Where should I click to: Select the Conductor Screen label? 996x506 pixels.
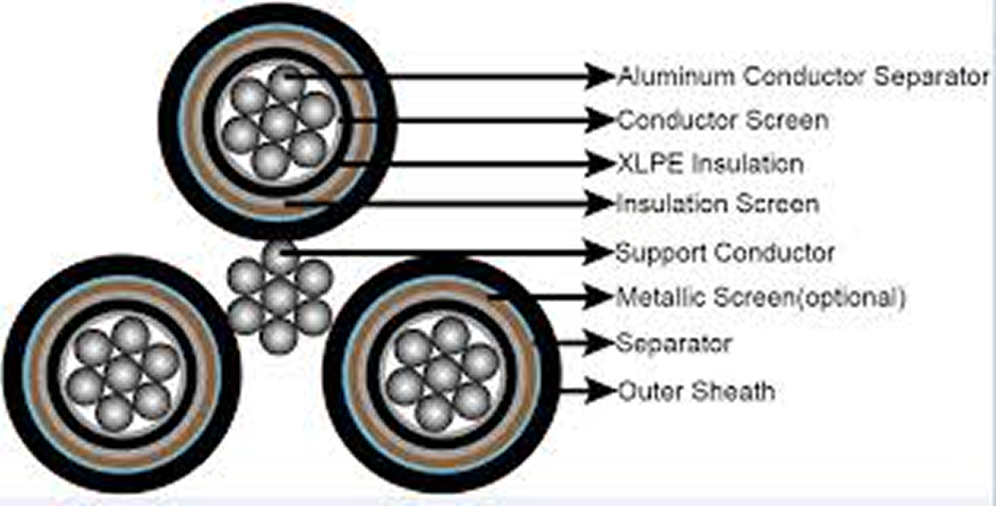[x=722, y=120]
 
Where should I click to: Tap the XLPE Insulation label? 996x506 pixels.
[x=710, y=164]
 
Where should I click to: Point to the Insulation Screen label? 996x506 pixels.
[x=717, y=202]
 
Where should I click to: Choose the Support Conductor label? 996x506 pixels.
[x=725, y=251]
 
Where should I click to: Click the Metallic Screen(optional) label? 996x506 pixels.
[x=761, y=297]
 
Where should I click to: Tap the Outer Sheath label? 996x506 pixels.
[x=695, y=391]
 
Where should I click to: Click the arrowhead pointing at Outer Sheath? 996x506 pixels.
[x=602, y=390]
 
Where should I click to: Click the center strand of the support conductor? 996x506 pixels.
[x=279, y=296]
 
